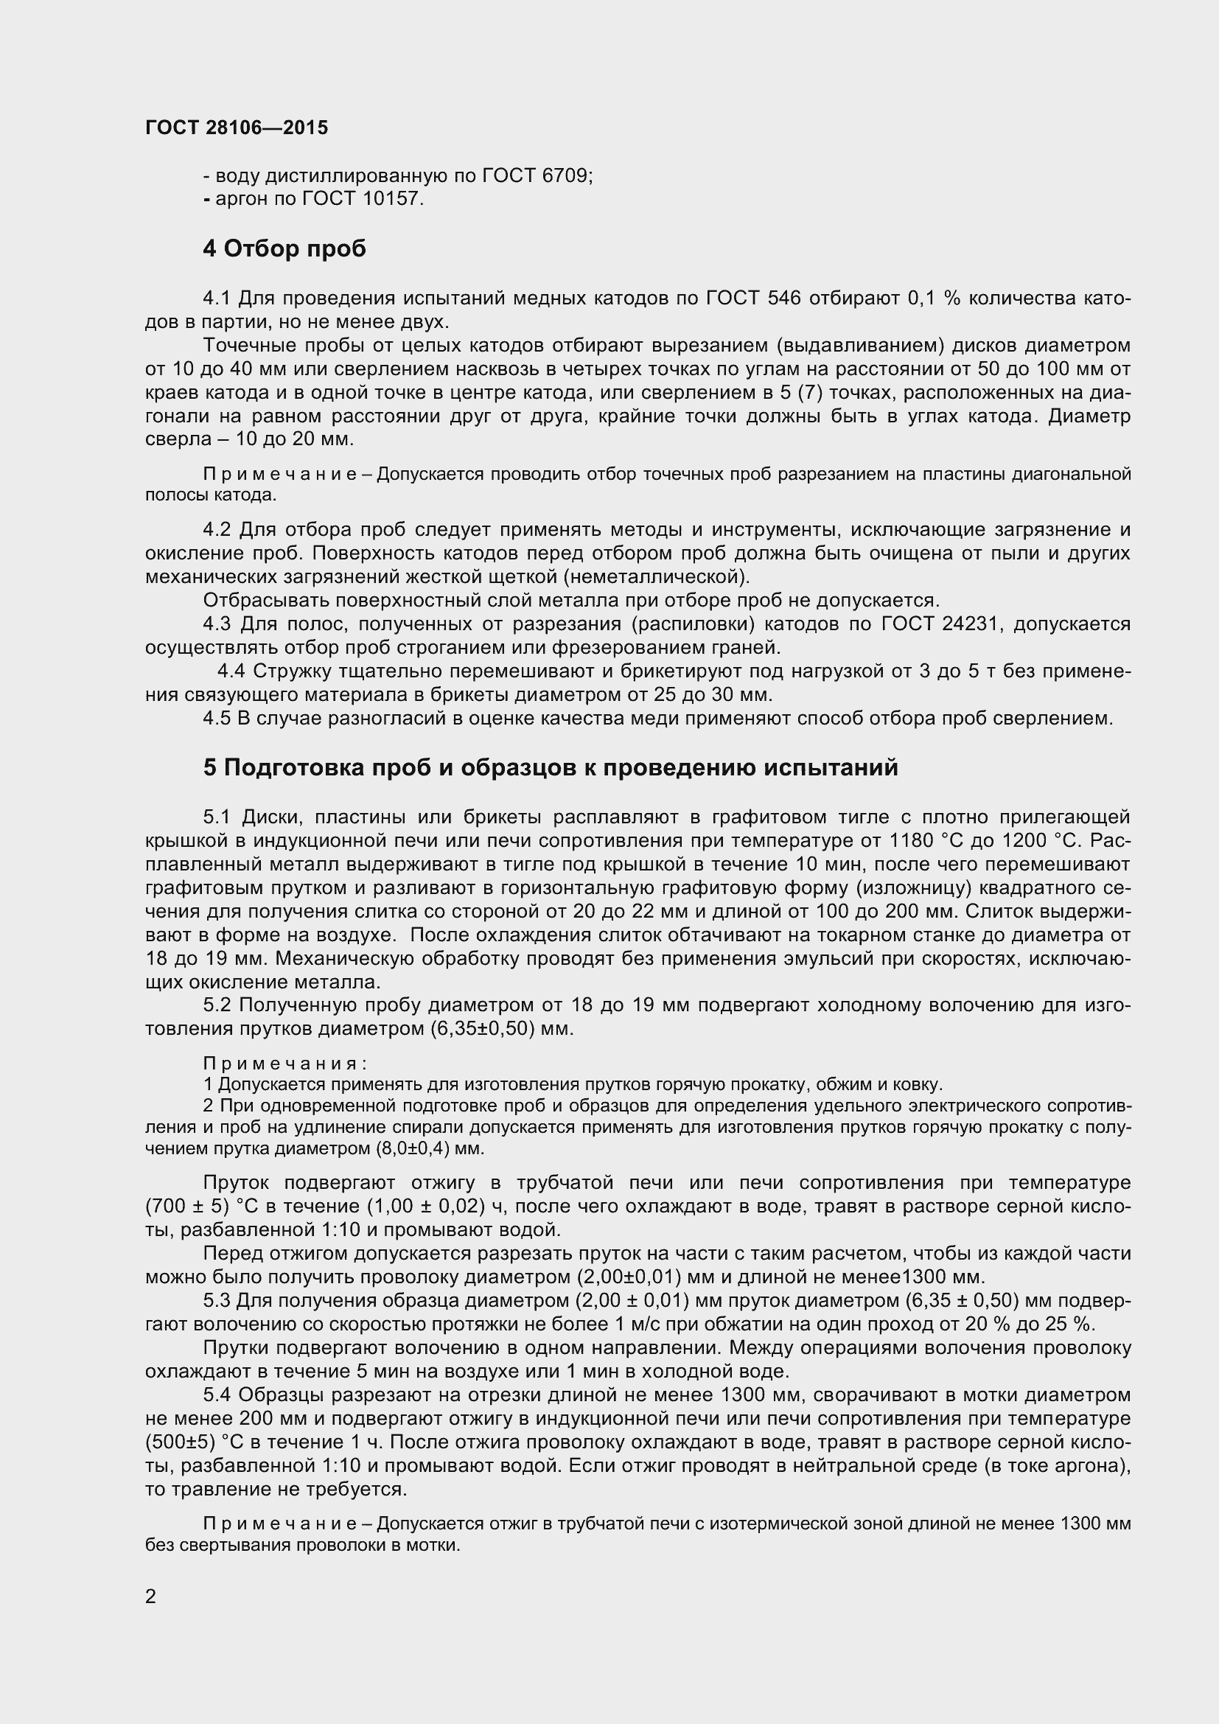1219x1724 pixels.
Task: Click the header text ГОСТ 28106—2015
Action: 237,128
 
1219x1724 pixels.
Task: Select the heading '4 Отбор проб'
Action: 284,248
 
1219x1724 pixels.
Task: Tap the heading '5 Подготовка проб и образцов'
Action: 551,767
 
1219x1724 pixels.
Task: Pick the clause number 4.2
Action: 216,529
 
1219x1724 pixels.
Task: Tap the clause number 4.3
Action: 216,624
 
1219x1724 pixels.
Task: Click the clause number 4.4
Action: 231,671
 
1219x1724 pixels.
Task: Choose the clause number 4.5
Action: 216,718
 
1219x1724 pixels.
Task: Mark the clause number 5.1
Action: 216,816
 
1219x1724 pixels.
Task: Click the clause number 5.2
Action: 216,1005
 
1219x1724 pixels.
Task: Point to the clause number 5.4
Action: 216,1395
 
